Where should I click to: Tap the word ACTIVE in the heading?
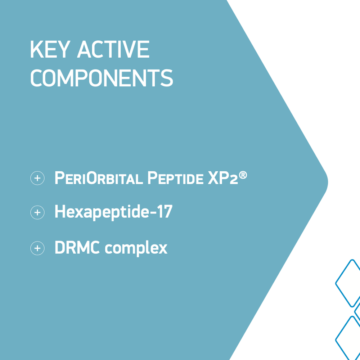coord(113,49)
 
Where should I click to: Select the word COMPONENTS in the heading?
coord(102,78)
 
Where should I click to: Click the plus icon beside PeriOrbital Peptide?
coord(37,178)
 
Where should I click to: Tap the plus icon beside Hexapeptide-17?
coord(37,212)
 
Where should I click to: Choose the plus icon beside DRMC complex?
coord(37,248)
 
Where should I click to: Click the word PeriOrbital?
coord(99,178)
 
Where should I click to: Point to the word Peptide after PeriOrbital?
coord(176,178)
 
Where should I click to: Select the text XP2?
coord(223,178)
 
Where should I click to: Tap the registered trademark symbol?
coord(243,175)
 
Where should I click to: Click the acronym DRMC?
coord(77,247)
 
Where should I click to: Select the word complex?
coord(136,249)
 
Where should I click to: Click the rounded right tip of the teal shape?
coord(328,182)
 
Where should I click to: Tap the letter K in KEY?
coord(37,49)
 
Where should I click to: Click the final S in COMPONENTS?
coord(167,78)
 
